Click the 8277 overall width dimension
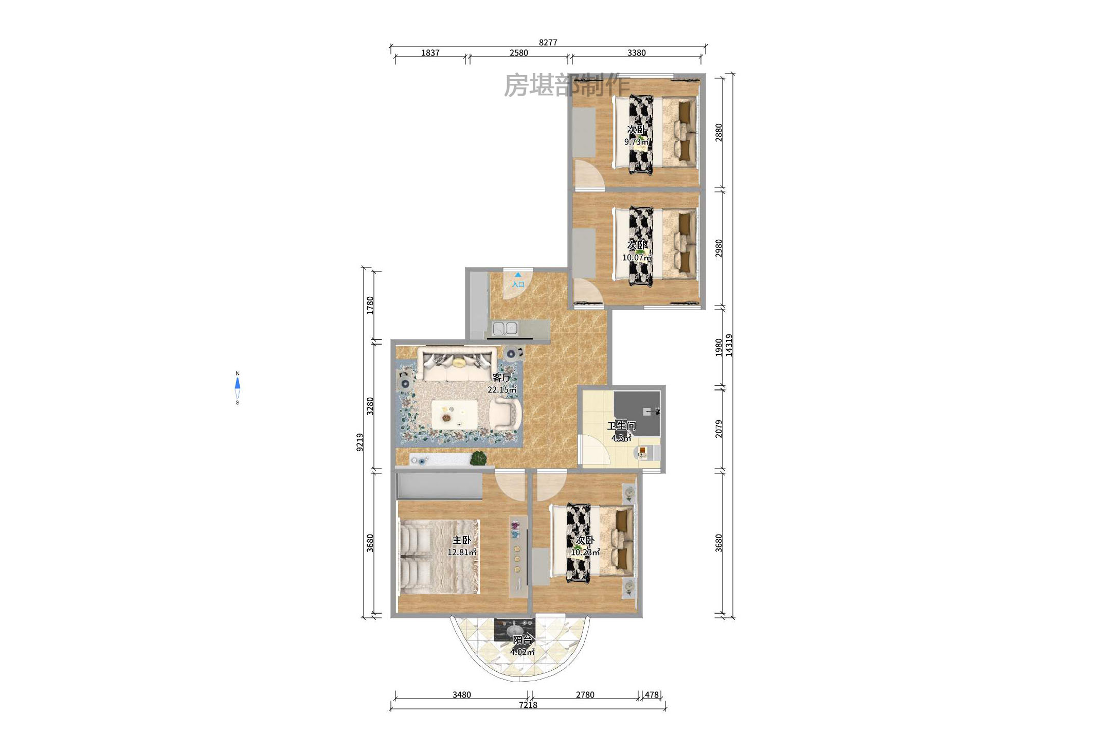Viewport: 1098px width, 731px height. [x=548, y=42]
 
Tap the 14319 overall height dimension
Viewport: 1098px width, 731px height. [x=729, y=345]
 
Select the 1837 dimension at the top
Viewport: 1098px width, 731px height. [x=430, y=52]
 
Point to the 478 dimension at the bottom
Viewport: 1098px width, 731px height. [x=652, y=694]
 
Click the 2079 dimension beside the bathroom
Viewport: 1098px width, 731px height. [x=718, y=429]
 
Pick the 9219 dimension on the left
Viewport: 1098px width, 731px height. [x=359, y=442]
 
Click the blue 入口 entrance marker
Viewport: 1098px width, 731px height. [x=518, y=281]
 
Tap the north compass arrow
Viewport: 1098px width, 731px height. [x=237, y=384]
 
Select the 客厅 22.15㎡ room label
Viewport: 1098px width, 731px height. [x=502, y=383]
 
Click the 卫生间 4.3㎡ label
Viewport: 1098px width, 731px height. [x=621, y=431]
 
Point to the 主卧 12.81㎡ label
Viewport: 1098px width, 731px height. [x=461, y=546]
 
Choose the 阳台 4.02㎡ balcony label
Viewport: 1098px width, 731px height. [x=522, y=646]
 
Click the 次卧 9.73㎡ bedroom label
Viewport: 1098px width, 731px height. [x=636, y=135]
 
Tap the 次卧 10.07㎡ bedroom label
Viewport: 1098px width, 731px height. [x=637, y=251]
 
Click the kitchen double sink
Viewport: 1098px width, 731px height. [x=505, y=328]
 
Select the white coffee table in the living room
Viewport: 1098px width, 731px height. [x=454, y=414]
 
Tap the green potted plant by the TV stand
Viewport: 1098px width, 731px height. [x=478, y=458]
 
